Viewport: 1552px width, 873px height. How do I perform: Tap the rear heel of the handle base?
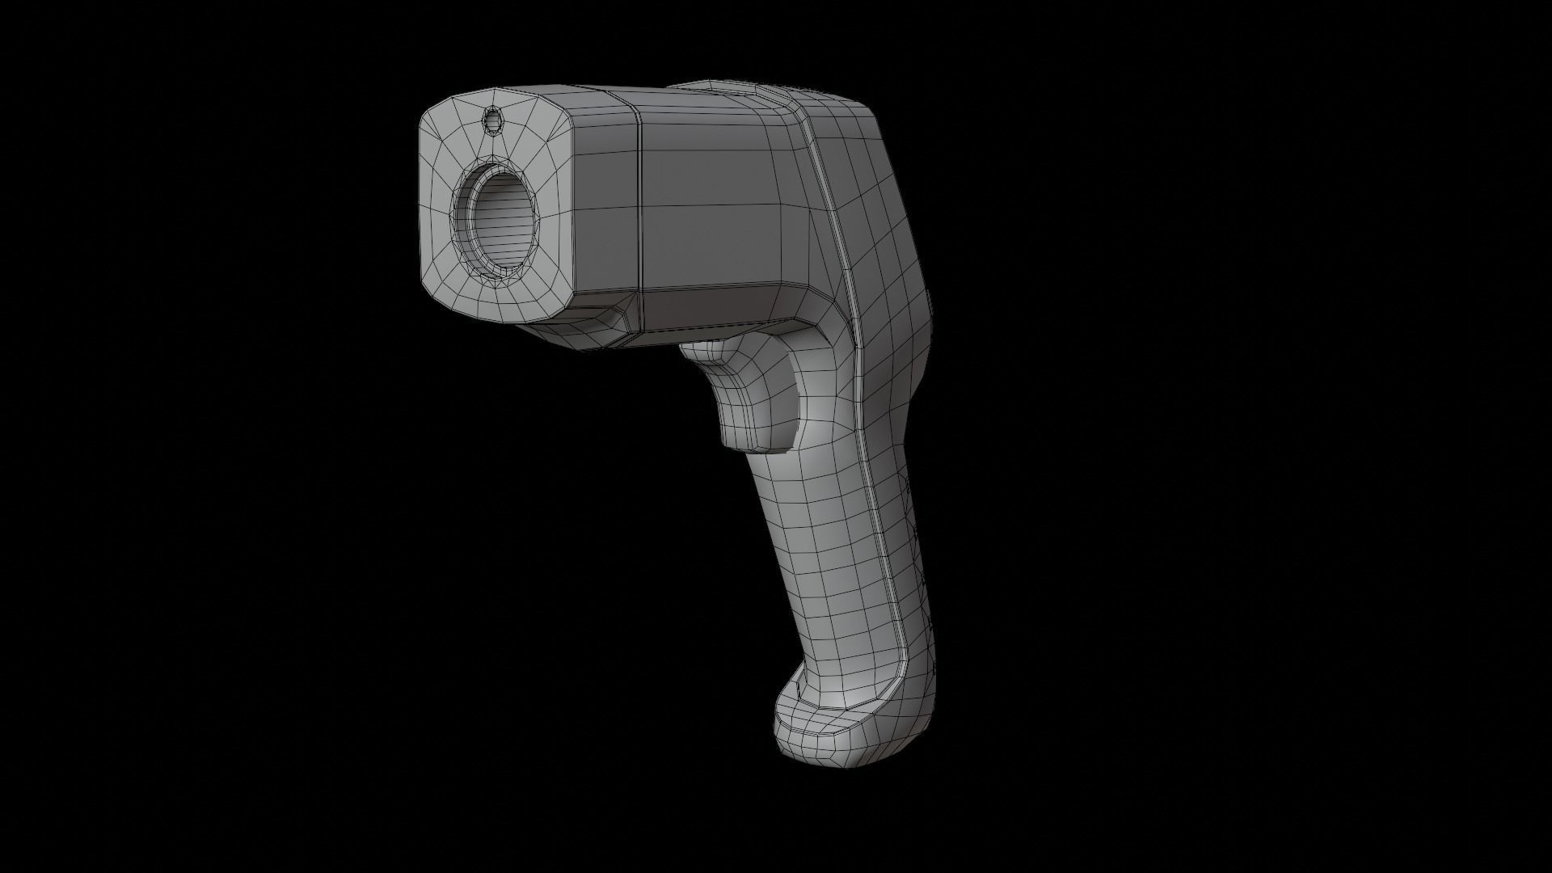[930, 711]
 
